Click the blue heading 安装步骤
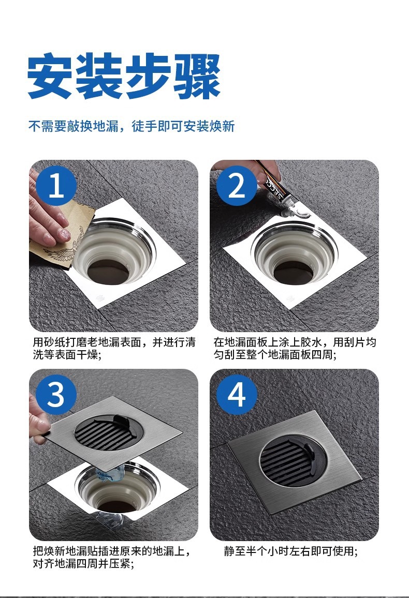124,76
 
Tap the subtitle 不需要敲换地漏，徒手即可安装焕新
132,126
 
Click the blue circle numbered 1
57,186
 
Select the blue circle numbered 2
237,186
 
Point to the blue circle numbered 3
56,395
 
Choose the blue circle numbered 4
237,395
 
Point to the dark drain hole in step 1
109,271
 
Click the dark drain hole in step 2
294,272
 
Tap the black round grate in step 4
293,461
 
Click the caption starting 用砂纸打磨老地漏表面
114,348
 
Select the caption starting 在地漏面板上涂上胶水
295,348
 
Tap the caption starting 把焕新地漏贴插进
111,557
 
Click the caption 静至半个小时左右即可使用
291,551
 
